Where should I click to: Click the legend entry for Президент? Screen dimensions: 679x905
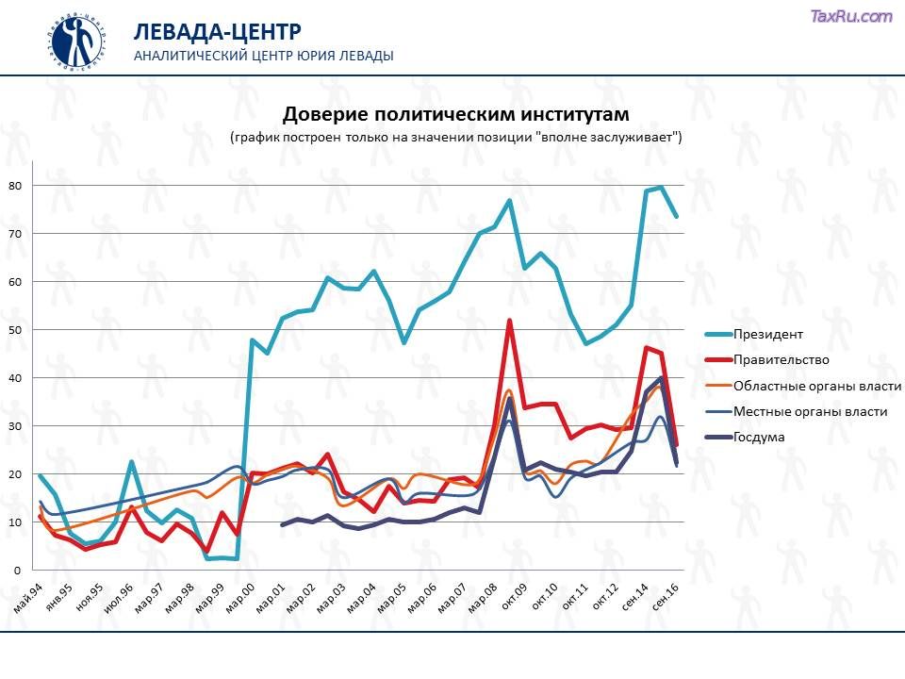point(768,334)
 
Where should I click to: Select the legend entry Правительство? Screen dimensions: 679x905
point(781,359)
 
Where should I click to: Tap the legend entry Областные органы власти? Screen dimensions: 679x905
point(816,386)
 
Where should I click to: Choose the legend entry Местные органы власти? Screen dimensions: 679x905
point(809,411)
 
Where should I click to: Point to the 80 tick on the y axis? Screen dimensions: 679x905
point(15,185)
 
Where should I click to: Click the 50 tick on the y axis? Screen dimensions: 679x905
point(15,330)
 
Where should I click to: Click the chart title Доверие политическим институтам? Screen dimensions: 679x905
point(456,114)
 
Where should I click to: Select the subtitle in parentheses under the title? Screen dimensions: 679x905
point(456,137)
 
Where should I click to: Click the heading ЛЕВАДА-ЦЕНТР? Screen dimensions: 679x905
point(217,32)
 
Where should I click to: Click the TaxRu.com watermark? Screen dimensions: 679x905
point(851,16)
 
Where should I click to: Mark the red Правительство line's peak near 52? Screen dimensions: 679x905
point(510,321)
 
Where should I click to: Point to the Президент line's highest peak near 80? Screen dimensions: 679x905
point(661,187)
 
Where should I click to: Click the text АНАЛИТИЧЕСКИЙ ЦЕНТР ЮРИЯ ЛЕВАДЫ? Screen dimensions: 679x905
point(264,56)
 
